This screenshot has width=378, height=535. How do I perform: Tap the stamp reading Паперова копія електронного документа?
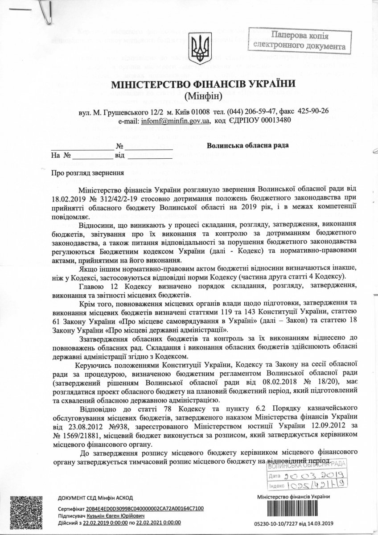(300, 40)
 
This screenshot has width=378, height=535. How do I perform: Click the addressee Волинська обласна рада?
(248, 145)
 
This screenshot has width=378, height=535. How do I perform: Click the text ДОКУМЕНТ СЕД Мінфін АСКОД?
(95, 497)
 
